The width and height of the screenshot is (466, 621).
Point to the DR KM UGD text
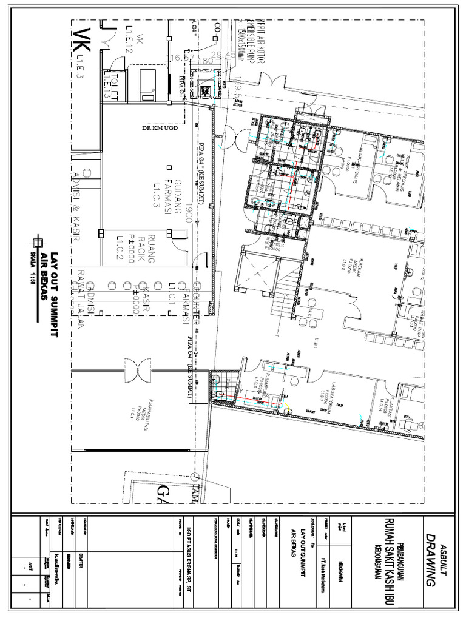click(158, 129)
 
